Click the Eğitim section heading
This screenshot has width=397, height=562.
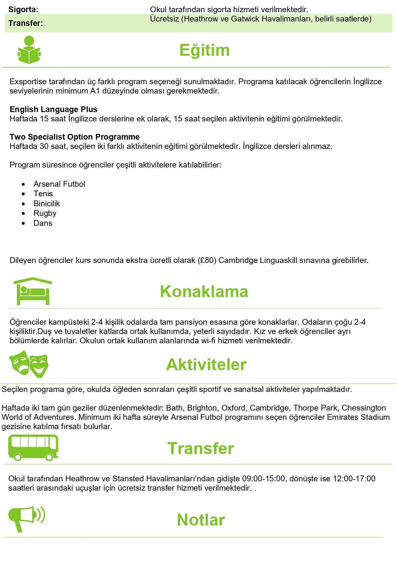click(204, 50)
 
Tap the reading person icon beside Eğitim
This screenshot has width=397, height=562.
click(29, 50)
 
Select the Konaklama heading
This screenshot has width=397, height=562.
click(204, 292)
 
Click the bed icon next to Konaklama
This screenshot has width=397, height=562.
click(33, 291)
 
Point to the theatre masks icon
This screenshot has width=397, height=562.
click(29, 364)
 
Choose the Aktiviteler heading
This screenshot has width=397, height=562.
click(206, 365)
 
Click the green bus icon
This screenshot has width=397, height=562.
click(33, 447)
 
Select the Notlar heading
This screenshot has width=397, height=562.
click(201, 520)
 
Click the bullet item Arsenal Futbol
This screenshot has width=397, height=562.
click(59, 184)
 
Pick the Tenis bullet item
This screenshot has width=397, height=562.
click(43, 194)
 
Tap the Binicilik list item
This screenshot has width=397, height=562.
click(47, 204)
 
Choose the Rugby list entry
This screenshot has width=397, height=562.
click(45, 213)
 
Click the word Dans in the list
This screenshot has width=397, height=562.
click(43, 223)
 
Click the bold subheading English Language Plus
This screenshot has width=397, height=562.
click(53, 110)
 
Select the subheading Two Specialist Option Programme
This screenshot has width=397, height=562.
click(75, 137)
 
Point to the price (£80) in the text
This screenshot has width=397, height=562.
click(207, 260)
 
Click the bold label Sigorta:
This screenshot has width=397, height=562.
click(23, 10)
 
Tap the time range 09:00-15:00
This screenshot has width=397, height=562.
click(263, 479)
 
